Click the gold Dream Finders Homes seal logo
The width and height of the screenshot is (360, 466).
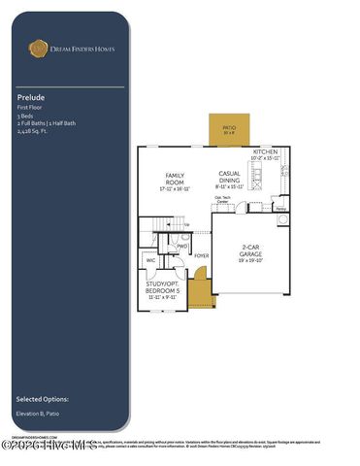pos(39,47)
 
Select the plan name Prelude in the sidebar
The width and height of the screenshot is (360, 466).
pos(28,98)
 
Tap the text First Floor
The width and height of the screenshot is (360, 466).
pos(29,108)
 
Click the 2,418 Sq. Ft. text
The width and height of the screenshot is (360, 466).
pos(33,131)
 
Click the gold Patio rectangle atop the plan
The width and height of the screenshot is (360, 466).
pos(229,130)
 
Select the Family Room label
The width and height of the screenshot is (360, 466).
pos(175,181)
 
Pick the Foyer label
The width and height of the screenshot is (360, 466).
pos(202,256)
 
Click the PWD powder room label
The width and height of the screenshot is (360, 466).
pos(181,247)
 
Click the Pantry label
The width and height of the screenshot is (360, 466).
pos(279,208)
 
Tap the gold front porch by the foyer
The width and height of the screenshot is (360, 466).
pos(200,290)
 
